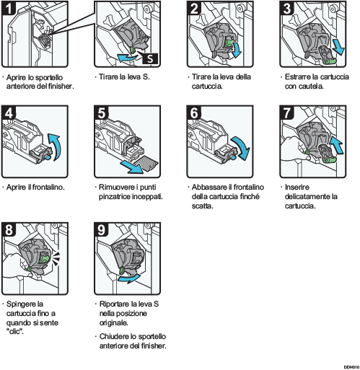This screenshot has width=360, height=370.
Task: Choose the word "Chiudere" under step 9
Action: point(112,337)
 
